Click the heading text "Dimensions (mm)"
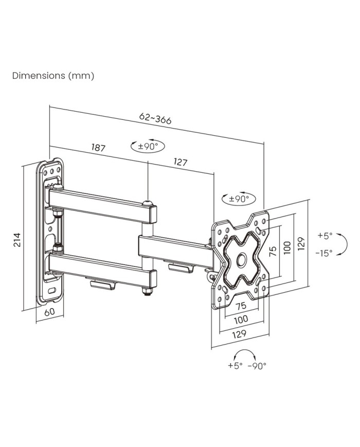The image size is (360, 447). pos(53,76)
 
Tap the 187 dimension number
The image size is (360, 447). pos(98,148)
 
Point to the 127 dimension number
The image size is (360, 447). pos(180,163)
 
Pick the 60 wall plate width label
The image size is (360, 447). pos(49,312)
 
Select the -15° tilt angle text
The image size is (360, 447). pos(325,253)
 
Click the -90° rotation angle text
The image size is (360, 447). pos(257,366)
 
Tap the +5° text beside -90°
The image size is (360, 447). pos(235,366)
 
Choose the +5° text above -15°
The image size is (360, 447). pos(325,236)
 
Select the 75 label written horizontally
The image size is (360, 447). pos(241,305)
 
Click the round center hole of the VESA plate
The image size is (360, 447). pos(240,260)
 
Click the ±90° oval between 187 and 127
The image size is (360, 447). pos(148,146)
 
